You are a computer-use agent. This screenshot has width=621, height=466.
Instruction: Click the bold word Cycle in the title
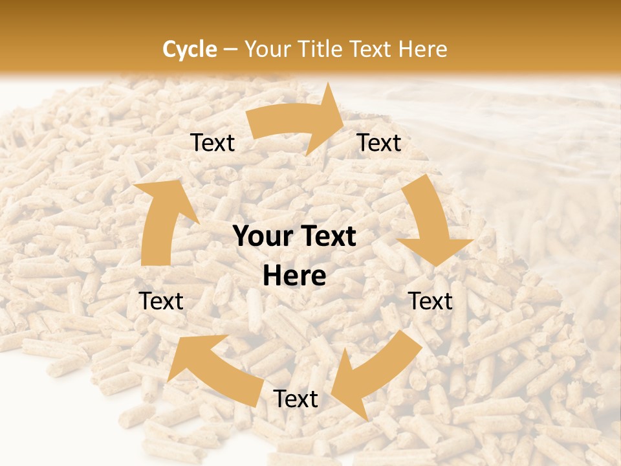(x=190, y=49)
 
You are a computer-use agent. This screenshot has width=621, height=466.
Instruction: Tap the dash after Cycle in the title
(x=230, y=49)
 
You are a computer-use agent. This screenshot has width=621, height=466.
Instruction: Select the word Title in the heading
(x=321, y=49)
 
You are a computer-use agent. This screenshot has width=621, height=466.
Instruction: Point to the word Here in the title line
(x=422, y=49)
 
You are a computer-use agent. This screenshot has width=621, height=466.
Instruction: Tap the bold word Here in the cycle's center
(x=294, y=276)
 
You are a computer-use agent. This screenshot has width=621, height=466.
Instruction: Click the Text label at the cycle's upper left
(x=212, y=143)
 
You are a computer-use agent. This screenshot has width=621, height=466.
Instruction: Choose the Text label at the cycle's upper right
(x=379, y=143)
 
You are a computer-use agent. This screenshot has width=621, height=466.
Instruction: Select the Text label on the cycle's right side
(x=430, y=302)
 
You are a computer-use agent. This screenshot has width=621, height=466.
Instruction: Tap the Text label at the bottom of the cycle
(x=296, y=399)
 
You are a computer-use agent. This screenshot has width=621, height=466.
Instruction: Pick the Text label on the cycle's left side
(x=161, y=302)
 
